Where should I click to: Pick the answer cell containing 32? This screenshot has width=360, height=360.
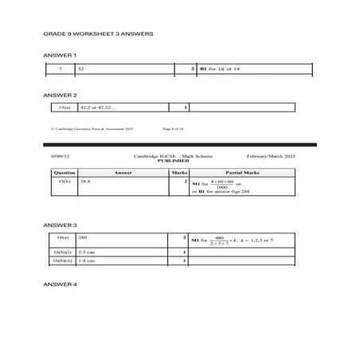pyautogui.click(x=81, y=70)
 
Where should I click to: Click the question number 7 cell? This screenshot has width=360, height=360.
pyautogui.click(x=60, y=70)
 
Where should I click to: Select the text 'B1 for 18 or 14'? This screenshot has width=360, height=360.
pyautogui.click(x=220, y=70)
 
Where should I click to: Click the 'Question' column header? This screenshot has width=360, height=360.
pyautogui.click(x=64, y=172)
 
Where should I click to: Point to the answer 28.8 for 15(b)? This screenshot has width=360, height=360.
pyautogui.click(x=85, y=182)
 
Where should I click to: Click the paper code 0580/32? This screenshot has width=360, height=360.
pyautogui.click(x=61, y=155)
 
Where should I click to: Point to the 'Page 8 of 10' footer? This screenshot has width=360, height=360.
pyautogui.click(x=173, y=127)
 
